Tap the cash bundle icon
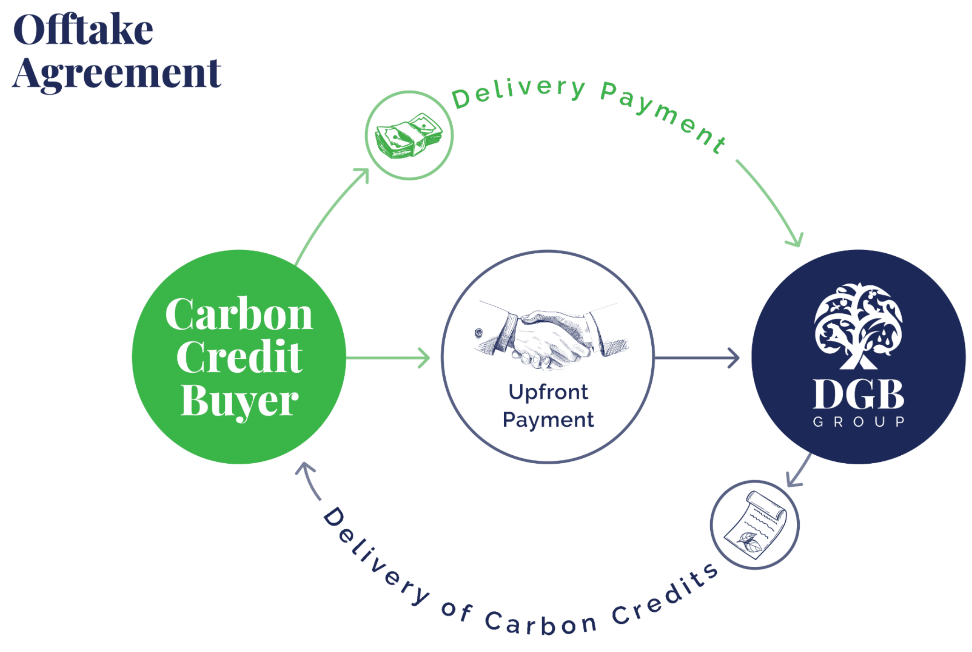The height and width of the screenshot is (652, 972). coord(409,135)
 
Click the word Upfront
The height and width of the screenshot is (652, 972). coord(548,392)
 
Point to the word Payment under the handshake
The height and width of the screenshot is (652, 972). coord(548,420)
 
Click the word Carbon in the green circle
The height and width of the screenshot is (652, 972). coord(239,315)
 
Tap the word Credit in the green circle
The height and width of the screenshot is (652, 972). coord(239,357)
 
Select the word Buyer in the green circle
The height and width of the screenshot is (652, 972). coord(239,400)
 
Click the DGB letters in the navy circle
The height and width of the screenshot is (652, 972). coord(858,395)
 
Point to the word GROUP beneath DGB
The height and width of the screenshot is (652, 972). coord(858,422)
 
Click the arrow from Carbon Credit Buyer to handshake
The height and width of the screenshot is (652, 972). coord(389,358)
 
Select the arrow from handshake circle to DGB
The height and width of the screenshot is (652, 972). coord(698,358)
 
